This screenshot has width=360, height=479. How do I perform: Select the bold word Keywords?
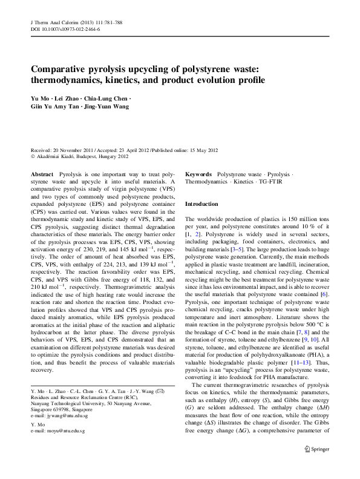[x=198, y=174]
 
